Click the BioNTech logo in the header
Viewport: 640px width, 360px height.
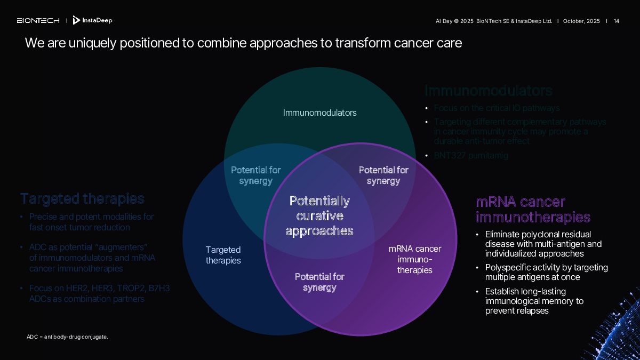pyautogui.click(x=38, y=21)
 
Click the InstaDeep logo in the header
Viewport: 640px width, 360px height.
pyautogui.click(x=92, y=20)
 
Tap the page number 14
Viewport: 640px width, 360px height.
pyautogui.click(x=617, y=21)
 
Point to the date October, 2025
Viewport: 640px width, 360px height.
pyautogui.click(x=581, y=21)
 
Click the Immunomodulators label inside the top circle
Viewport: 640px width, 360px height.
pyautogui.click(x=319, y=113)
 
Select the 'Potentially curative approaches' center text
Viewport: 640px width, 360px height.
pyautogui.click(x=319, y=215)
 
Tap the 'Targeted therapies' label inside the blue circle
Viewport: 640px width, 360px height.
pyautogui.click(x=223, y=255)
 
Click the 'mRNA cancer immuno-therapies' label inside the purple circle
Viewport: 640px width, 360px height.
pyautogui.click(x=414, y=259)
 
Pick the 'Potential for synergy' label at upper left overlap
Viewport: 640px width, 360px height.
pyautogui.click(x=255, y=175)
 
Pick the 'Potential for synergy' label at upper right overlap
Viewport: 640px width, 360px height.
pyautogui.click(x=383, y=175)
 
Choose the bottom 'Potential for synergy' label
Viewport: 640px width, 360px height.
pyautogui.click(x=319, y=282)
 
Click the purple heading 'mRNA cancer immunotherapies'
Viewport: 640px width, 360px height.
pyautogui.click(x=533, y=210)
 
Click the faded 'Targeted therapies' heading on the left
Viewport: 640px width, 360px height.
pyautogui.click(x=82, y=199)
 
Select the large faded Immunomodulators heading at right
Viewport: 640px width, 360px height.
pyautogui.click(x=488, y=91)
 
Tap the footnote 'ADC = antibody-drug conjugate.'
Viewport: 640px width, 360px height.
pyautogui.click(x=67, y=337)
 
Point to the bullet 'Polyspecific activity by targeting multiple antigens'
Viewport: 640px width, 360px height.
pyautogui.click(x=546, y=272)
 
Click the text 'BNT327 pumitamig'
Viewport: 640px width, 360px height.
pyautogui.click(x=471, y=156)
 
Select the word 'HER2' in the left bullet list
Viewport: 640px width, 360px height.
pyautogui.click(x=78, y=289)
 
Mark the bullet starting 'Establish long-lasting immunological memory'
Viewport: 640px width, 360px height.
pyautogui.click(x=534, y=301)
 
